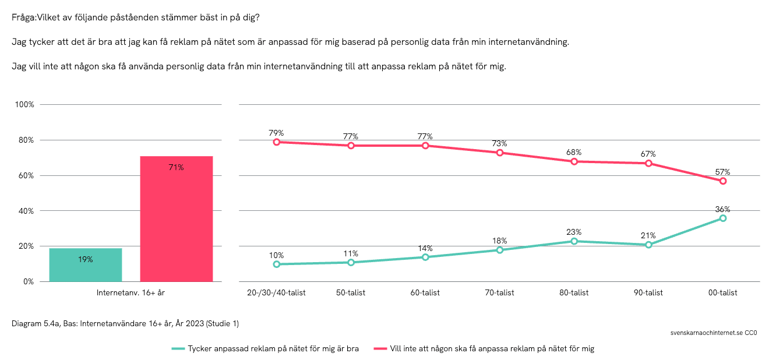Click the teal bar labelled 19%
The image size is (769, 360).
tap(86, 265)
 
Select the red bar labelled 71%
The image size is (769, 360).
tap(176, 219)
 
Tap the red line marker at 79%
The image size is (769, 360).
tap(276, 142)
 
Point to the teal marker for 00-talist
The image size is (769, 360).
tap(723, 218)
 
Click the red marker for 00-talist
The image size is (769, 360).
tap(723, 181)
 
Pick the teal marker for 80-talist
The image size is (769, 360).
tap(574, 241)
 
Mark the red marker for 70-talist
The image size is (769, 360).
tap(499, 153)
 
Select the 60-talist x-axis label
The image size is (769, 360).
tap(425, 293)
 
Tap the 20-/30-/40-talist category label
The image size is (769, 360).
tap(276, 293)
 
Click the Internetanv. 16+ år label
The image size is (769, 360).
tap(131, 293)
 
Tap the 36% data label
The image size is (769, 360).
tap(722, 210)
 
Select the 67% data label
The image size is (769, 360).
tap(648, 154)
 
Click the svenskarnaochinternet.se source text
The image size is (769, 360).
tap(714, 333)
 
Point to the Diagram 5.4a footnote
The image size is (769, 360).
tap(125, 323)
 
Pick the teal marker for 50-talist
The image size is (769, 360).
tap(351, 263)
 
